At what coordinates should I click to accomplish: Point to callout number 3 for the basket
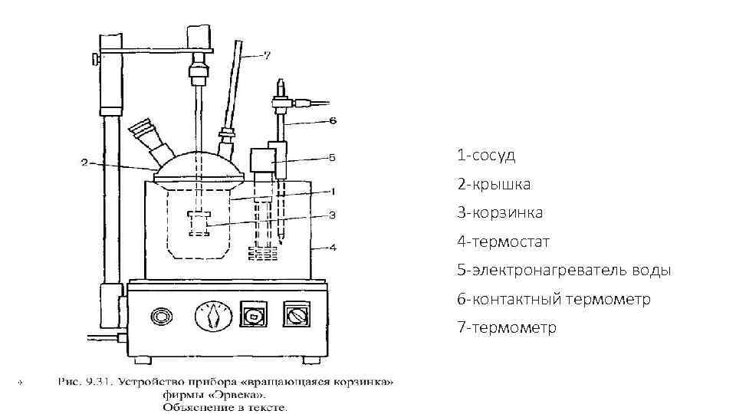[x=332, y=215]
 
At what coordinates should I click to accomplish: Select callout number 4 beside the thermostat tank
[x=332, y=247]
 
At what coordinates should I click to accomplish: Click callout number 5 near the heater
[x=332, y=159]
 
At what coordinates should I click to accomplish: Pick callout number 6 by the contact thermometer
[x=332, y=120]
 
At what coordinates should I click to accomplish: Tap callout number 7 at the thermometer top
[x=266, y=54]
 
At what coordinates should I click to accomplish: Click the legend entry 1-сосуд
[x=486, y=156]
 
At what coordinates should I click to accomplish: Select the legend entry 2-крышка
[x=494, y=185]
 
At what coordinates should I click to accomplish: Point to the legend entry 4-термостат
[x=504, y=242]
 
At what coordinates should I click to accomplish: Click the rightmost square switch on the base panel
[x=294, y=314]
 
